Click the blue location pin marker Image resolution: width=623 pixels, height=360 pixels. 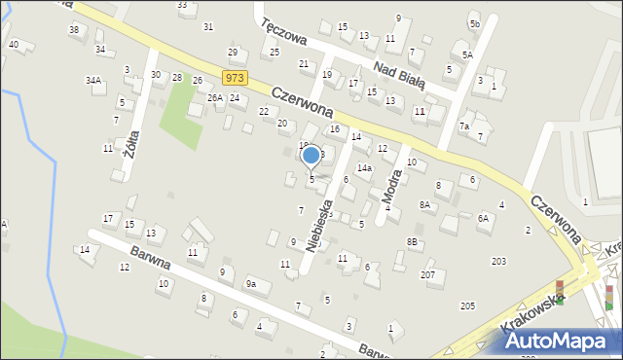click(311, 156)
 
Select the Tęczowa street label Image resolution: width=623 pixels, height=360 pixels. click(284, 35)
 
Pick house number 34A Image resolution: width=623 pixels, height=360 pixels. click(92, 80)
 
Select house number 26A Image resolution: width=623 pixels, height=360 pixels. click(214, 98)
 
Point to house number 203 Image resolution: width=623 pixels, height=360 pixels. click(498, 261)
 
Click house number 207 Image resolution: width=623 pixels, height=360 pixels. click(427, 275)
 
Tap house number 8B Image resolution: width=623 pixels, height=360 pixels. click(412, 241)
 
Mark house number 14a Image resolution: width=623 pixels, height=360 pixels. click(364, 168)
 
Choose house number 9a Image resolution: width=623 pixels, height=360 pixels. click(250, 284)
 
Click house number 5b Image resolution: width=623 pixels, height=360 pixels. click(474, 23)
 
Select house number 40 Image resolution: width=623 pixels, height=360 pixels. click(13, 44)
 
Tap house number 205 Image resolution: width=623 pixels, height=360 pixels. click(467, 306)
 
